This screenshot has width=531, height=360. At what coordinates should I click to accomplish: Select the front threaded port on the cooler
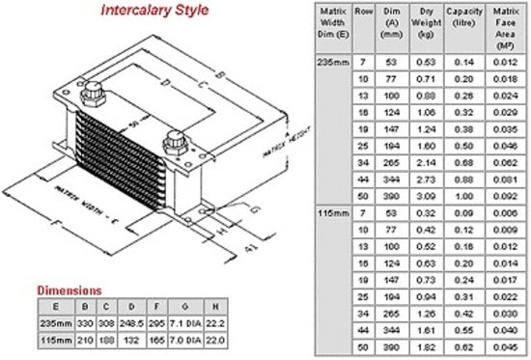tap(176, 142)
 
